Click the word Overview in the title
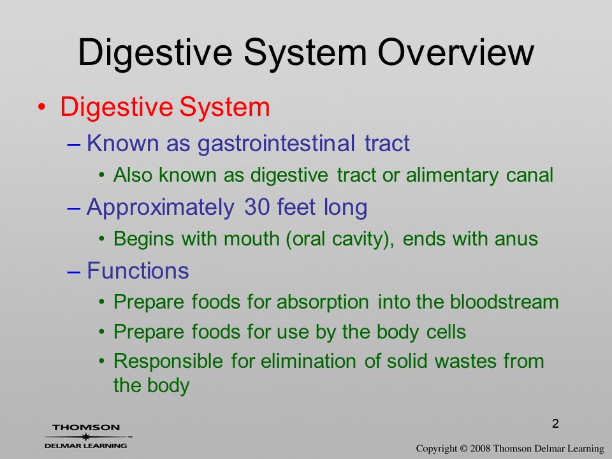pos(455,52)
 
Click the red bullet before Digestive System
pos(42,107)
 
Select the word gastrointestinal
pos(276,143)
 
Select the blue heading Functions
pos(138,270)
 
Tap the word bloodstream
pos(504,302)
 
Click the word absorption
pos(323,302)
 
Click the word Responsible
pos(168,361)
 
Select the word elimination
pos(309,361)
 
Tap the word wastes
pos(465,361)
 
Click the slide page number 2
pos(555,423)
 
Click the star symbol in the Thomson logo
pos(85,437)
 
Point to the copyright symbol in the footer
pos(463,449)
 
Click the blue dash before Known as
pos(74,144)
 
